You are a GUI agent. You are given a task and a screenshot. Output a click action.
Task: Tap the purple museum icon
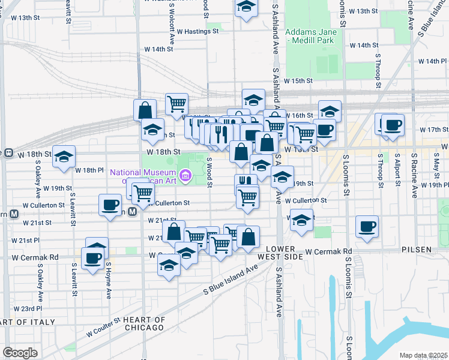(186, 176)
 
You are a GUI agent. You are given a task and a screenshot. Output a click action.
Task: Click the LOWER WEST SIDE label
(282, 252)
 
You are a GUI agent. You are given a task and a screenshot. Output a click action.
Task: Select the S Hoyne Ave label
(109, 280)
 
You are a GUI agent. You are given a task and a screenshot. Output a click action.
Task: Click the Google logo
(20, 352)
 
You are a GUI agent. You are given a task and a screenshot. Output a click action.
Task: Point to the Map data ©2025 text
(423, 355)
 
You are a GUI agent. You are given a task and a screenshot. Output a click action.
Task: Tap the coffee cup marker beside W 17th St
(394, 125)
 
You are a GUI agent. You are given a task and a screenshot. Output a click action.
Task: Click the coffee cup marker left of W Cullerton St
(110, 205)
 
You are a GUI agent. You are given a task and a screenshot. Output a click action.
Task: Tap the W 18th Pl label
(90, 170)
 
